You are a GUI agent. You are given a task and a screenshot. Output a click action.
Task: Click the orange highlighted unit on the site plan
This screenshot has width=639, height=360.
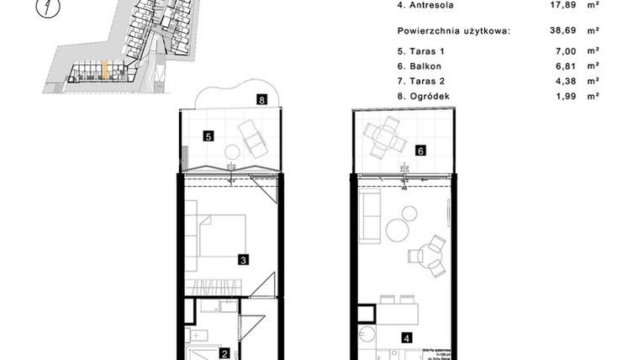click(103, 70)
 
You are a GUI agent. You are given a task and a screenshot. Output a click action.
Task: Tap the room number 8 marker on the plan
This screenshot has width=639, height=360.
click(263, 99)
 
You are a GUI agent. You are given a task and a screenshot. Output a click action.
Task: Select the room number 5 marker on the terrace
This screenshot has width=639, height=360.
click(208, 135)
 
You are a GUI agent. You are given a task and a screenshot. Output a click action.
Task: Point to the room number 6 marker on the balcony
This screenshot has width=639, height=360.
click(420, 151)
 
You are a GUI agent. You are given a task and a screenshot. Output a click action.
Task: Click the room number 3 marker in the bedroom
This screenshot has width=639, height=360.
click(242, 260)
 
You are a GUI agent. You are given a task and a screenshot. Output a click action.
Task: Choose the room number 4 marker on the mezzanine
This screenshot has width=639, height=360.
click(407, 339)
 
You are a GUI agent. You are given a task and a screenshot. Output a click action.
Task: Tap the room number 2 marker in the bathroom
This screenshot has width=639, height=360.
click(224, 354)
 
